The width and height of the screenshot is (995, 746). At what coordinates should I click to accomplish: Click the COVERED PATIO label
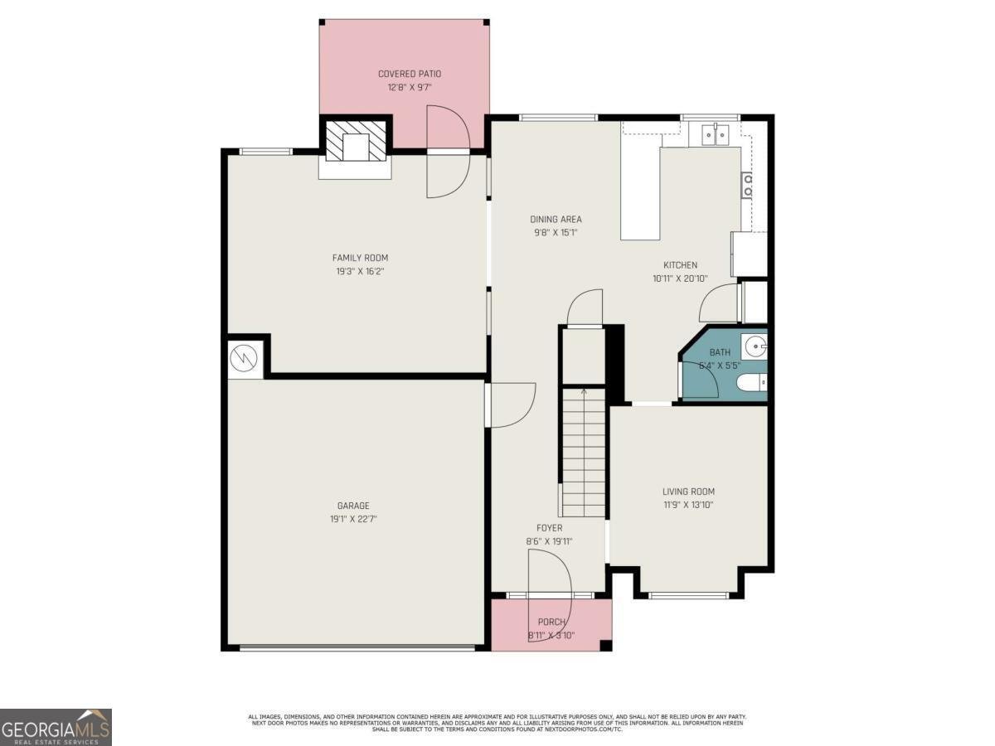(410, 74)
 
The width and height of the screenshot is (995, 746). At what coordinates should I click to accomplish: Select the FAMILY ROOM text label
(360, 258)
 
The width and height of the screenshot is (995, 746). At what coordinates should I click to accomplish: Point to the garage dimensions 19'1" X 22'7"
(353, 519)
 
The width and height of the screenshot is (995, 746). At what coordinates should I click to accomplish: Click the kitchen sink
(713, 133)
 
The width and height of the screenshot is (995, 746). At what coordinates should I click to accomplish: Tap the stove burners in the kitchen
(747, 185)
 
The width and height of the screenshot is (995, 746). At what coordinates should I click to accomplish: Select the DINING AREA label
(556, 220)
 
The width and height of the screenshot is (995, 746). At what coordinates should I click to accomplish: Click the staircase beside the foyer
(584, 452)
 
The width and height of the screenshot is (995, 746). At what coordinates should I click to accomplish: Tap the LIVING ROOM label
(688, 492)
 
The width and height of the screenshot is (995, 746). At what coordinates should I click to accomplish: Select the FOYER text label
(549, 528)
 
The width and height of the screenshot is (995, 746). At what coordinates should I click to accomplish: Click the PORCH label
(551, 622)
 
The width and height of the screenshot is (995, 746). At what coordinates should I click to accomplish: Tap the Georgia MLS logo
(56, 727)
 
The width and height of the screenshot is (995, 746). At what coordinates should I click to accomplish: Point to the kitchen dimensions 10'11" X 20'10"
(680, 279)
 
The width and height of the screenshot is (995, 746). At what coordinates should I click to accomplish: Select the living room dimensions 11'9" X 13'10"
(688, 505)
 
